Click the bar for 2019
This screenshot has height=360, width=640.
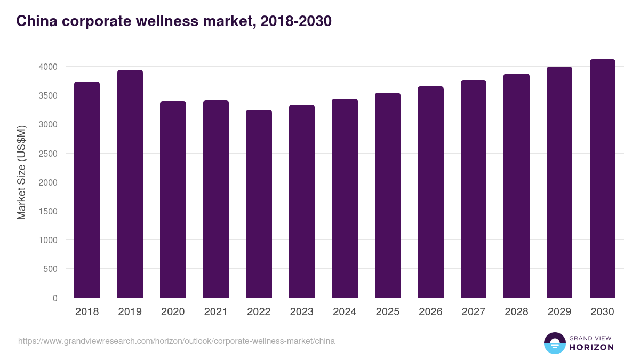(x=130, y=184)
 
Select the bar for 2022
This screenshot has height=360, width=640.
(x=259, y=204)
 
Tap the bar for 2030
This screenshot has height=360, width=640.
(x=602, y=179)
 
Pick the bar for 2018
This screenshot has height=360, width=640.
(x=87, y=190)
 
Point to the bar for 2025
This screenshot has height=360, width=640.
(x=388, y=195)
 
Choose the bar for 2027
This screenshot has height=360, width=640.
(x=474, y=189)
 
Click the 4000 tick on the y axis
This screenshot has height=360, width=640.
(x=48, y=67)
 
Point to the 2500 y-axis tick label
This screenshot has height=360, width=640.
(x=48, y=154)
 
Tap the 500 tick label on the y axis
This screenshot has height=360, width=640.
(x=51, y=269)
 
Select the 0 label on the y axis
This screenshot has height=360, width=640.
(x=55, y=298)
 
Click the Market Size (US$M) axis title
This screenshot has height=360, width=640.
(x=21, y=173)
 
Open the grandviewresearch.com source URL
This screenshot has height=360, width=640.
(x=177, y=341)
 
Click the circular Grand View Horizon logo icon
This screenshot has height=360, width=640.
(x=554, y=343)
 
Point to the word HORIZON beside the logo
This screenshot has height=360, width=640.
(x=591, y=347)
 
